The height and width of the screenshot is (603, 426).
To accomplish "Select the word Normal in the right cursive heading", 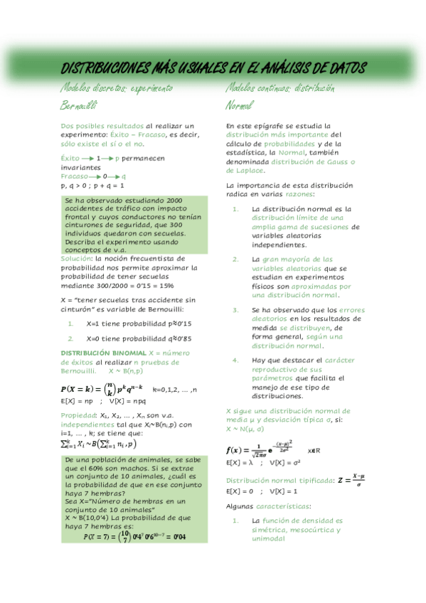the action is [239, 106].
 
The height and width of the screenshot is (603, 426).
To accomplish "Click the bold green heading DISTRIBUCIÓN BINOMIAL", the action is [103, 353].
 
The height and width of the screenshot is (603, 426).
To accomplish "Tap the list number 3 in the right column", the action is [235, 310].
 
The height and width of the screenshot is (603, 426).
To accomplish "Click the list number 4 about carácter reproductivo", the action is [235, 361].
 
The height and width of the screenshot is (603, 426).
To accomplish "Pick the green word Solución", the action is [77, 259].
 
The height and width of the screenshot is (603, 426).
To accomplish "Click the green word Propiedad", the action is [78, 415].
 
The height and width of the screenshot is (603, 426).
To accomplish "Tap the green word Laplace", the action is [245, 171].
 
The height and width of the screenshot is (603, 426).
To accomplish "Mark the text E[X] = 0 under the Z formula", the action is [240, 491].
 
